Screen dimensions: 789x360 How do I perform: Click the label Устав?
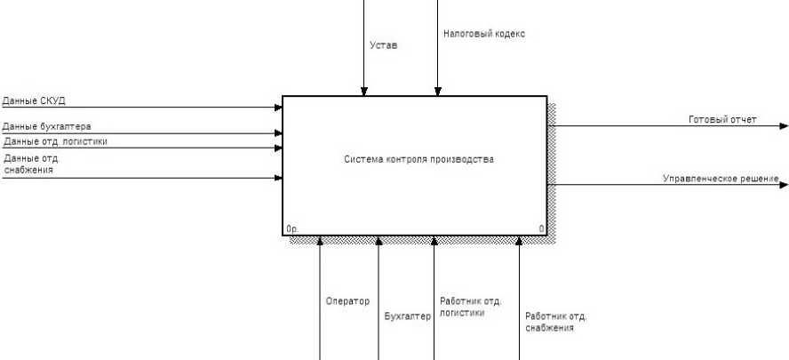click(x=383, y=44)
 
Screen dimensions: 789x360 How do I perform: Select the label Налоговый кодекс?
click(x=484, y=35)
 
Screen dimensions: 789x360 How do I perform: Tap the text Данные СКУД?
click(x=34, y=100)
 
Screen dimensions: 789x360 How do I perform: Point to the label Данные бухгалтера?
click(x=46, y=126)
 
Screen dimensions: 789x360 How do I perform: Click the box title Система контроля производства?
click(x=418, y=160)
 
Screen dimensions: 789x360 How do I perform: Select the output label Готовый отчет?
click(x=722, y=118)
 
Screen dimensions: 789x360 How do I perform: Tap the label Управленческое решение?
click(x=721, y=179)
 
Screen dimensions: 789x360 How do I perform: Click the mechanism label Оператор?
click(x=347, y=301)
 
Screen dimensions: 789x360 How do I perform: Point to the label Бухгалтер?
click(x=407, y=316)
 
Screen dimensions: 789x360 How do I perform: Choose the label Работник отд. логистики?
click(x=471, y=307)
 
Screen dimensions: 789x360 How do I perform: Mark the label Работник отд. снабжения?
click(x=555, y=321)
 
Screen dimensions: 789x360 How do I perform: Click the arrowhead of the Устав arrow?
click(x=363, y=91)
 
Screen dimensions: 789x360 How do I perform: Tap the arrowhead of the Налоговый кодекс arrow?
click(x=437, y=91)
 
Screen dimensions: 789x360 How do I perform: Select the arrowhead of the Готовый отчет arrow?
click(x=784, y=125)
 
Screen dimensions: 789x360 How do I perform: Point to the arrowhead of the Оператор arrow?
click(x=320, y=240)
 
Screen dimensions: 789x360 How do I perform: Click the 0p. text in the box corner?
click(x=292, y=229)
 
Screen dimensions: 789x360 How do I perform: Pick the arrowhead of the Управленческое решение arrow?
click(x=784, y=185)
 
